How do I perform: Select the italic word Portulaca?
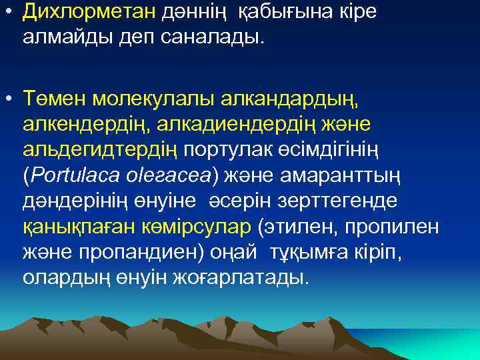[75, 175]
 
